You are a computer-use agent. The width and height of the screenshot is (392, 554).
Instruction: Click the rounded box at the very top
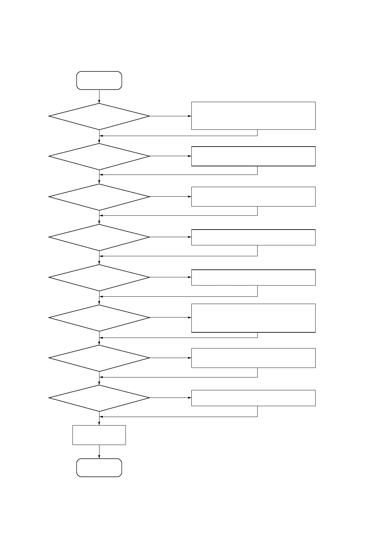(99, 80)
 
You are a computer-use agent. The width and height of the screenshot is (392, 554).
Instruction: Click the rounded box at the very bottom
(99, 467)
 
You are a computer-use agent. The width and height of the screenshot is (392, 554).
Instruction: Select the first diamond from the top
(99, 116)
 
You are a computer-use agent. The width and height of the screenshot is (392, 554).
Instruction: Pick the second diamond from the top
(99, 156)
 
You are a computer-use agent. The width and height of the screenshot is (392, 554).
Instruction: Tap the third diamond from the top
(99, 197)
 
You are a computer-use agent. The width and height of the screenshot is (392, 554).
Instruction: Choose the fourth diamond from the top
(99, 237)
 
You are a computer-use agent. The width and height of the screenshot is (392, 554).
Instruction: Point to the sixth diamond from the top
(99, 318)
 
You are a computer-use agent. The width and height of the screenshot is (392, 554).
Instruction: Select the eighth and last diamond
(99, 398)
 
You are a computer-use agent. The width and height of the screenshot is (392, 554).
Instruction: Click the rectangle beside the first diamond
(253, 116)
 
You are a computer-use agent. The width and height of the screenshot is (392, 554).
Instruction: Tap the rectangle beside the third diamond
(253, 197)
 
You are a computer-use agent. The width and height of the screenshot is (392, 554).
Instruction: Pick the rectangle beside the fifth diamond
(253, 277)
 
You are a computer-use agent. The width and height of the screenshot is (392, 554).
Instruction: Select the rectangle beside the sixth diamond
(253, 318)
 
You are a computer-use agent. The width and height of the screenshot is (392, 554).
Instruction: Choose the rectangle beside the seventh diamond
(253, 358)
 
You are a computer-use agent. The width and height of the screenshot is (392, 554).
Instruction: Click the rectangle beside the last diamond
(253, 398)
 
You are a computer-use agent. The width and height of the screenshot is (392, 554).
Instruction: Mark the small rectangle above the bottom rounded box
(99, 435)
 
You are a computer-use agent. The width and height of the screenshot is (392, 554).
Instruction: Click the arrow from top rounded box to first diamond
(99, 96)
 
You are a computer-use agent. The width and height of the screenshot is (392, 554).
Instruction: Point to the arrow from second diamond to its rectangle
(171, 156)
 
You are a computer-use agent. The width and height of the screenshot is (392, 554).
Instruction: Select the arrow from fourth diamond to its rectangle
(171, 237)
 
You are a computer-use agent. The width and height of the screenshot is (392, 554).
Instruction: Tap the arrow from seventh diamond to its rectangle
(171, 358)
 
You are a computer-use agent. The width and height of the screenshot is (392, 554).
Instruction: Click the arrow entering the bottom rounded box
(99, 452)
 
